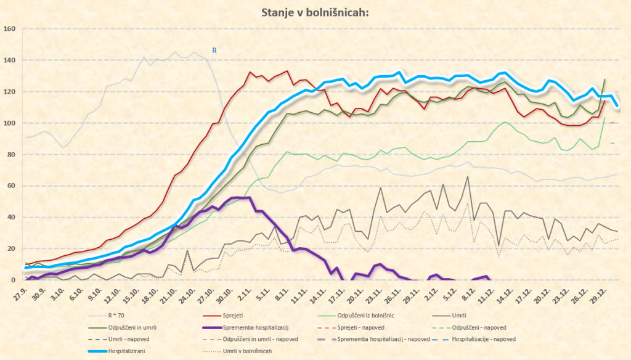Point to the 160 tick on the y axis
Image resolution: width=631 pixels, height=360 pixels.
9,29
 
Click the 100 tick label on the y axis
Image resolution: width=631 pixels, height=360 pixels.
9,123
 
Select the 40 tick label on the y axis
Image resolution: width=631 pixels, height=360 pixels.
11,217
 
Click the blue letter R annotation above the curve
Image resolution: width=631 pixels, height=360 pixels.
214,51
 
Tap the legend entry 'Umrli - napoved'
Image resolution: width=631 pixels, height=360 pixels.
135,338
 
